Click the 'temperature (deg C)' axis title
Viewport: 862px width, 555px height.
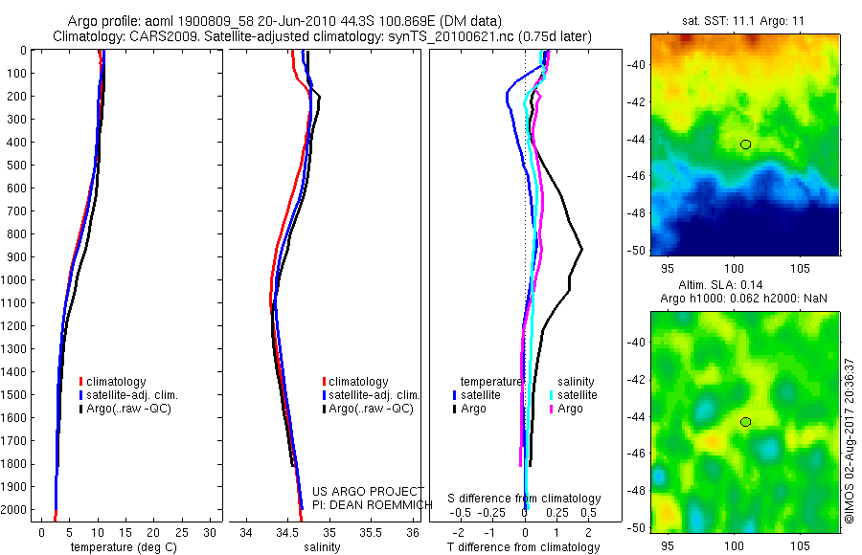tap(120, 547)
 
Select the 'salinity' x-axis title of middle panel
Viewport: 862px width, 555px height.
tap(322, 547)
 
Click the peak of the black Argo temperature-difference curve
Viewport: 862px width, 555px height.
tap(581, 250)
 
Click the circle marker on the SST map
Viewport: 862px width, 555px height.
tap(745, 144)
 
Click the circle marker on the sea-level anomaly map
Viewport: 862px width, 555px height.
tap(745, 422)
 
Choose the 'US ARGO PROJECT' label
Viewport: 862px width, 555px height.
tap(367, 492)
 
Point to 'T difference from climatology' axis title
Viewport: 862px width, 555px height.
tap(525, 547)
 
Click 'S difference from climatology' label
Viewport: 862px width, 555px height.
tap(525, 499)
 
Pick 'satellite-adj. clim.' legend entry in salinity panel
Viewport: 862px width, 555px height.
tap(374, 395)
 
